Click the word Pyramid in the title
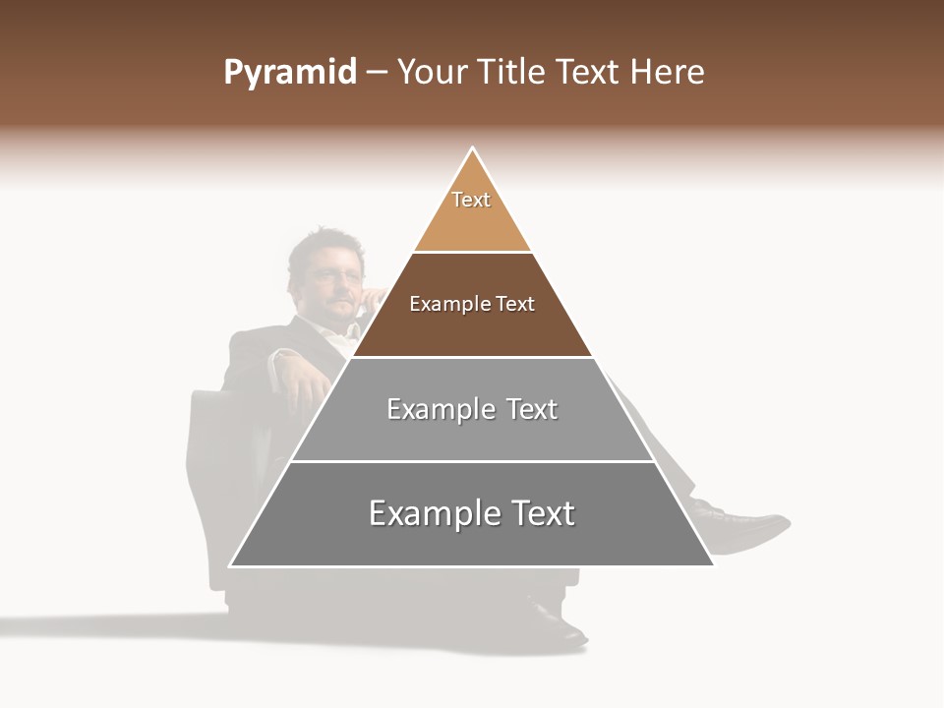pos(290,72)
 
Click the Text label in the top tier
pos(471,200)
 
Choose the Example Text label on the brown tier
pos(472,304)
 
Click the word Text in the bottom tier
pos(541,513)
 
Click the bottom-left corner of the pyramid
pos(231,565)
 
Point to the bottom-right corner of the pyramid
pos(713,565)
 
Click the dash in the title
pos(377,73)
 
